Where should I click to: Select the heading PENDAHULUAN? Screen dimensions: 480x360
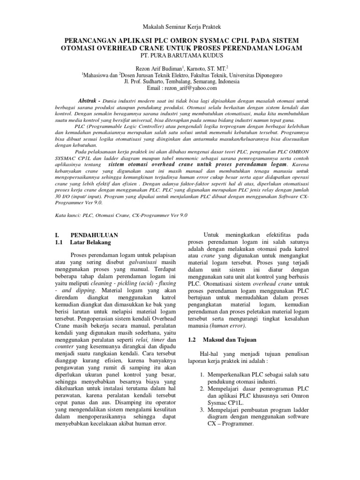pos(94,234)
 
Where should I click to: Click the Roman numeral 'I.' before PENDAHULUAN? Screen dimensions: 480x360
pos(52,234)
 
